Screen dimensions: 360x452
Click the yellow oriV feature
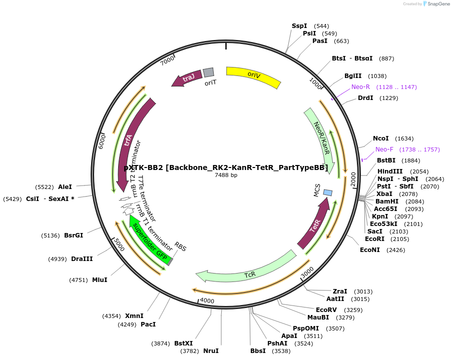coord(253,76)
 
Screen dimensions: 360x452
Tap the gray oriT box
coord(208,73)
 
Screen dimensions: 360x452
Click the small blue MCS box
coord(328,192)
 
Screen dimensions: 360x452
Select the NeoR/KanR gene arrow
coord(322,138)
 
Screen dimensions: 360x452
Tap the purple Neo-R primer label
coord(360,87)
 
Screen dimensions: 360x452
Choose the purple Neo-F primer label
coord(384,149)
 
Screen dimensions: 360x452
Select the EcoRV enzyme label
coord(326,310)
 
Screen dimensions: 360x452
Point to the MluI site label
coord(100,280)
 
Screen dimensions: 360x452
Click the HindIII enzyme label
coord(390,171)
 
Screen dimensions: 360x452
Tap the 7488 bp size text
coord(226,175)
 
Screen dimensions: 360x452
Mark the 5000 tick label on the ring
coord(119,245)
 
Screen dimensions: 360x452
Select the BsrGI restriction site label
coord(74,235)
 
